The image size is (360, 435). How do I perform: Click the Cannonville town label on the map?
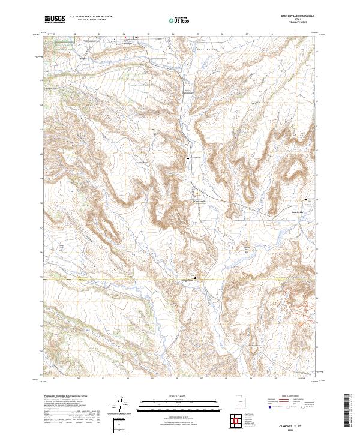[x=199, y=201]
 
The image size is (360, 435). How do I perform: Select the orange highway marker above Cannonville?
[x=196, y=194]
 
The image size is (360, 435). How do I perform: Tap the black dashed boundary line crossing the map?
[x=120, y=280]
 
